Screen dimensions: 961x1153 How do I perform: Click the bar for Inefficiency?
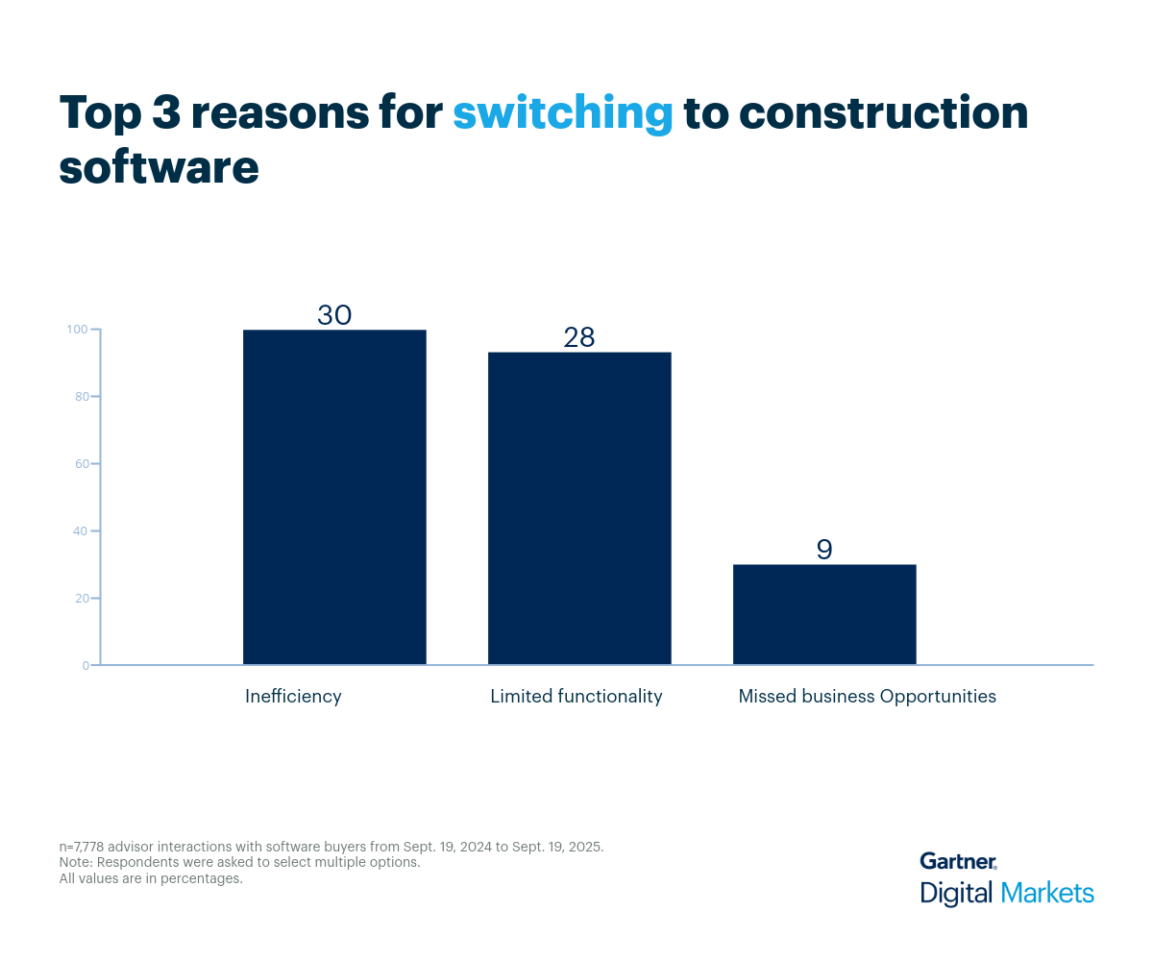coord(334,497)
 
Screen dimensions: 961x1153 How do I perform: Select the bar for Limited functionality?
coord(579,508)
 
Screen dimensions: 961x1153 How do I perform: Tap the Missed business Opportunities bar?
coord(824,614)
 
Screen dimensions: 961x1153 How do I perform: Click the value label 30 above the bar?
coord(334,315)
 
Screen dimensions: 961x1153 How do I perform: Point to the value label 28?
coord(579,337)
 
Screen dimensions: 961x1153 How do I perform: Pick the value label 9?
coord(824,550)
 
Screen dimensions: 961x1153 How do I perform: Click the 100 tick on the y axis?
coord(78,330)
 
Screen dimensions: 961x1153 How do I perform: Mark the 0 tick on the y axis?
coord(85,665)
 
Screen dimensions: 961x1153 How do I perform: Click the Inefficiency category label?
coord(293,697)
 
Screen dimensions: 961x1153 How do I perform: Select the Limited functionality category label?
coord(576,697)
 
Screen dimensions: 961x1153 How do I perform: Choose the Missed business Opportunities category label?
coord(867,697)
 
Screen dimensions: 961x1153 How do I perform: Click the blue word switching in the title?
coord(562,114)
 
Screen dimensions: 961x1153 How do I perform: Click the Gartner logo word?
coord(957,861)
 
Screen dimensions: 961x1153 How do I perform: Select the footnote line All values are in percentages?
coord(151,878)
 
